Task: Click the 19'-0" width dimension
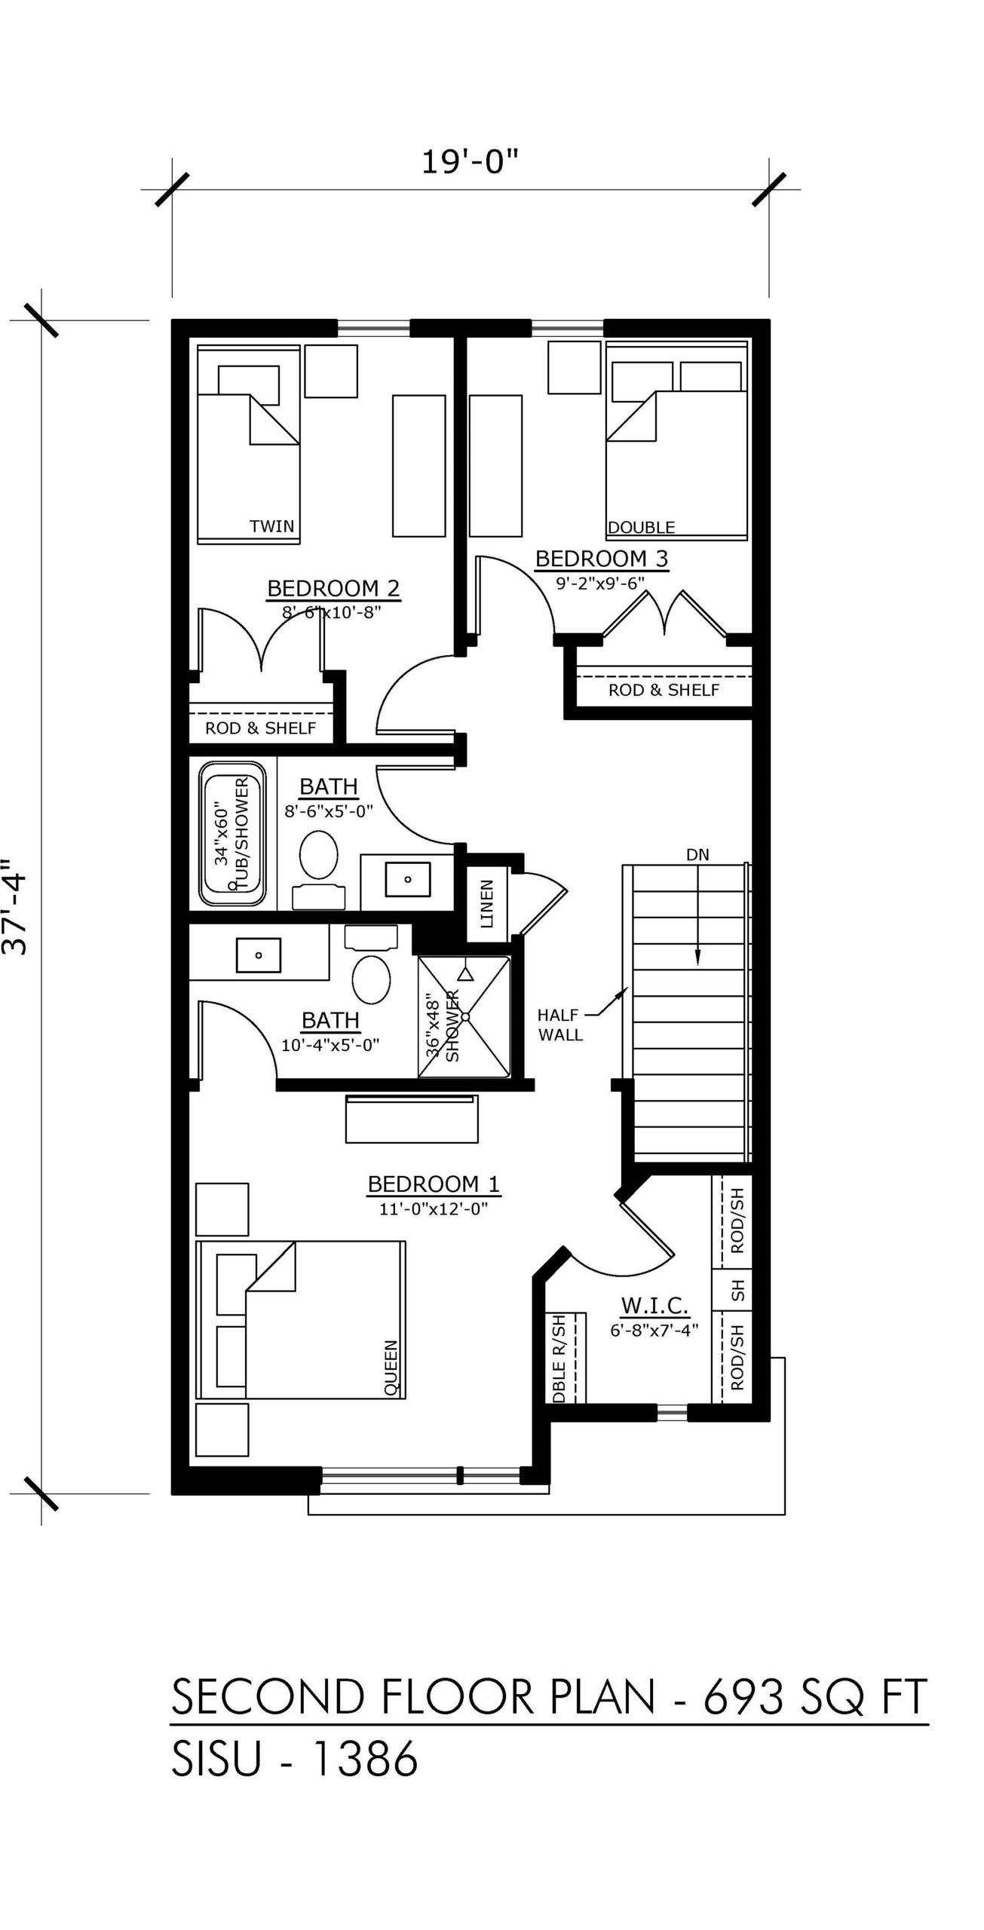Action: pyautogui.click(x=471, y=162)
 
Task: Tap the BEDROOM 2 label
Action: pyautogui.click(x=333, y=588)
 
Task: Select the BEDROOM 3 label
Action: pyautogui.click(x=602, y=559)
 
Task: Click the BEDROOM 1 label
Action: pyautogui.click(x=434, y=1184)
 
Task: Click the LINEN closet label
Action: pyautogui.click(x=486, y=904)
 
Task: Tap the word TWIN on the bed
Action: pyautogui.click(x=272, y=526)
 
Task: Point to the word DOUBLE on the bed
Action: pyautogui.click(x=642, y=528)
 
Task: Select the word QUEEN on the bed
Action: pyautogui.click(x=391, y=1368)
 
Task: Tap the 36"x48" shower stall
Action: pyautogui.click(x=464, y=1016)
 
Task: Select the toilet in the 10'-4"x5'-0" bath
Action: pyautogui.click(x=371, y=965)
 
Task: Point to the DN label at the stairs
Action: pyautogui.click(x=697, y=855)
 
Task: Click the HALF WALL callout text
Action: pyautogui.click(x=561, y=1025)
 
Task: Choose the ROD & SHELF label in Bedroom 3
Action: pyautogui.click(x=664, y=690)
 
